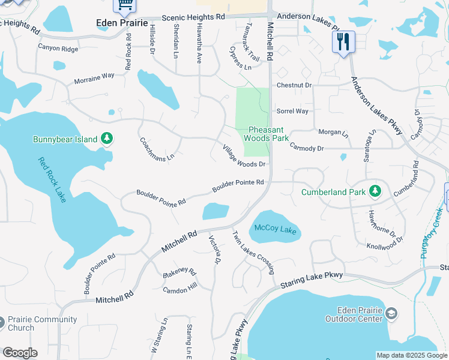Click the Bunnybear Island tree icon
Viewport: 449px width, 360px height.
107,139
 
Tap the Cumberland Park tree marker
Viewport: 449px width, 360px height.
375,191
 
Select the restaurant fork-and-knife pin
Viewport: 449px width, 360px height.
343,42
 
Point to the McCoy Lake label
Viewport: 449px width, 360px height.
276,229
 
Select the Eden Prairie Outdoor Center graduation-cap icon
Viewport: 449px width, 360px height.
391,314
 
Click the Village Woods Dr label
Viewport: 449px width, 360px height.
243,155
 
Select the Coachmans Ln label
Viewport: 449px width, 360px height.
156,148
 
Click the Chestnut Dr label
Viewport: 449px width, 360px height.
294,85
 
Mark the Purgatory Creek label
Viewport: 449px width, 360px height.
432,233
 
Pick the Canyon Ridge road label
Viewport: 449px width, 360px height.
58,47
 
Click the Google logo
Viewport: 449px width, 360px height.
20,353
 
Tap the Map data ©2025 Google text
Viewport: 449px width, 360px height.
411,355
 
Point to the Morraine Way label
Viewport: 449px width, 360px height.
94,78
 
